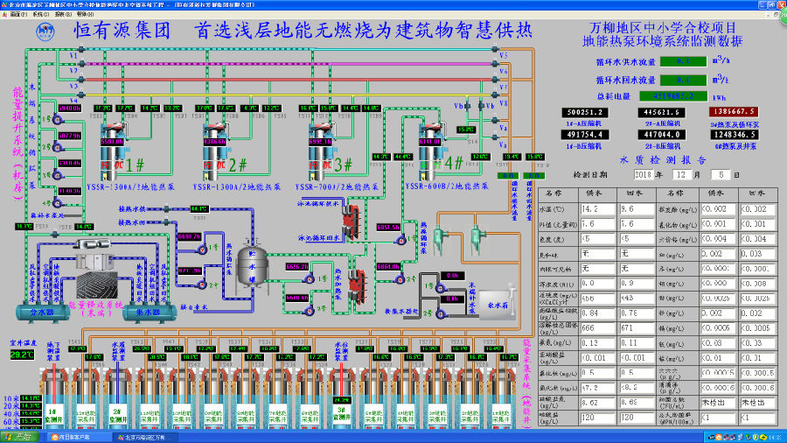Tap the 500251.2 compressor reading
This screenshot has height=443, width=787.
[587, 112]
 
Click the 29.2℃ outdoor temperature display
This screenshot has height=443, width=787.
[23, 355]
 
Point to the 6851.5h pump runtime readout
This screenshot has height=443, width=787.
[388, 227]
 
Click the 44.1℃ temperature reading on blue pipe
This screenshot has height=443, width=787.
[199, 209]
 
